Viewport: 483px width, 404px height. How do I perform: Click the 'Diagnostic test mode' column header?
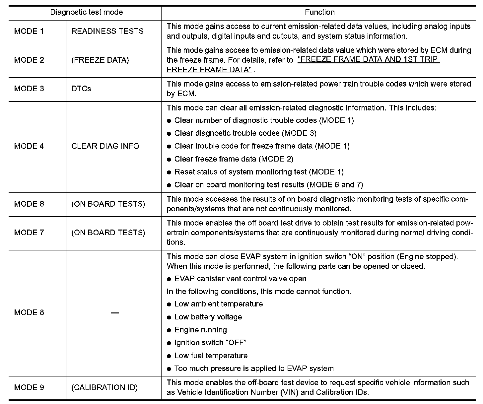86,13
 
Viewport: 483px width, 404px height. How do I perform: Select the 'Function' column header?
319,13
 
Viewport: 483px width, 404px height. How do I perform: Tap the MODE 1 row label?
29,31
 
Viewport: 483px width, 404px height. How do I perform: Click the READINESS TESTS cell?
107,31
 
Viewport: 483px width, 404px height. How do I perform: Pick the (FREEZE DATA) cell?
100,60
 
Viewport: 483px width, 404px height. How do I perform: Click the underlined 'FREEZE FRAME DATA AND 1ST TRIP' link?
369,60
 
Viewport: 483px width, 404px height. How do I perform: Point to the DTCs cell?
81,89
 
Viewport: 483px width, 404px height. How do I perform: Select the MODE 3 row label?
29,89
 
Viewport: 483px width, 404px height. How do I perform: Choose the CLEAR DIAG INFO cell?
105,146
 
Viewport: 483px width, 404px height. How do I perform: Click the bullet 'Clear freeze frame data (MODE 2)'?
234,159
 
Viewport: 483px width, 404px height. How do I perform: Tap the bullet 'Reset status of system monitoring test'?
259,172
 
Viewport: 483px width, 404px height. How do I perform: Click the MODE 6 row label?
29,204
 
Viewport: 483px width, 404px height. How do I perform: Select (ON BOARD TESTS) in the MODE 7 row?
108,233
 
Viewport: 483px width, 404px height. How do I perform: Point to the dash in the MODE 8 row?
115,313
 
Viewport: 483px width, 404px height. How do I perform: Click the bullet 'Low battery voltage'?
208,317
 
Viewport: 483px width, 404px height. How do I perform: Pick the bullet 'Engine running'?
200,330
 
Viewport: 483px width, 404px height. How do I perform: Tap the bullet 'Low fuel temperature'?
211,356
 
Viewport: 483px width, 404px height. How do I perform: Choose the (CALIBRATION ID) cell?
104,387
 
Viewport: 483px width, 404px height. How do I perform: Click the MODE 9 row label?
29,387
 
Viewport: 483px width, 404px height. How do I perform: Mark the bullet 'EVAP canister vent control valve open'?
240,279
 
